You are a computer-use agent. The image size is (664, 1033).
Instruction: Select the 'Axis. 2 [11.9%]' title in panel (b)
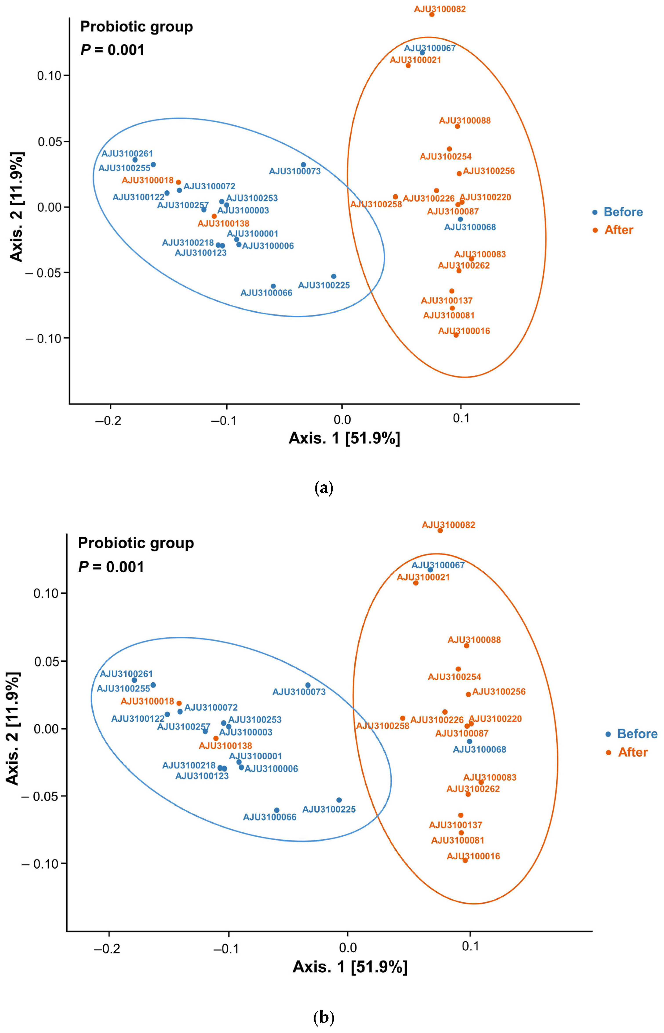pos(13,728)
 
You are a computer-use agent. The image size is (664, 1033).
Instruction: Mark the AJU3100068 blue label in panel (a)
pos(470,227)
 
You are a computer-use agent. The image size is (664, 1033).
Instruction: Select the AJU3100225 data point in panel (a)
pos(333,276)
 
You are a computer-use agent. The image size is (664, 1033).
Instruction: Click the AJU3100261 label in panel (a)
pos(127,154)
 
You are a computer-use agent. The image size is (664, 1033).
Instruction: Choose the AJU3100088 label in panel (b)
pos(474,640)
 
